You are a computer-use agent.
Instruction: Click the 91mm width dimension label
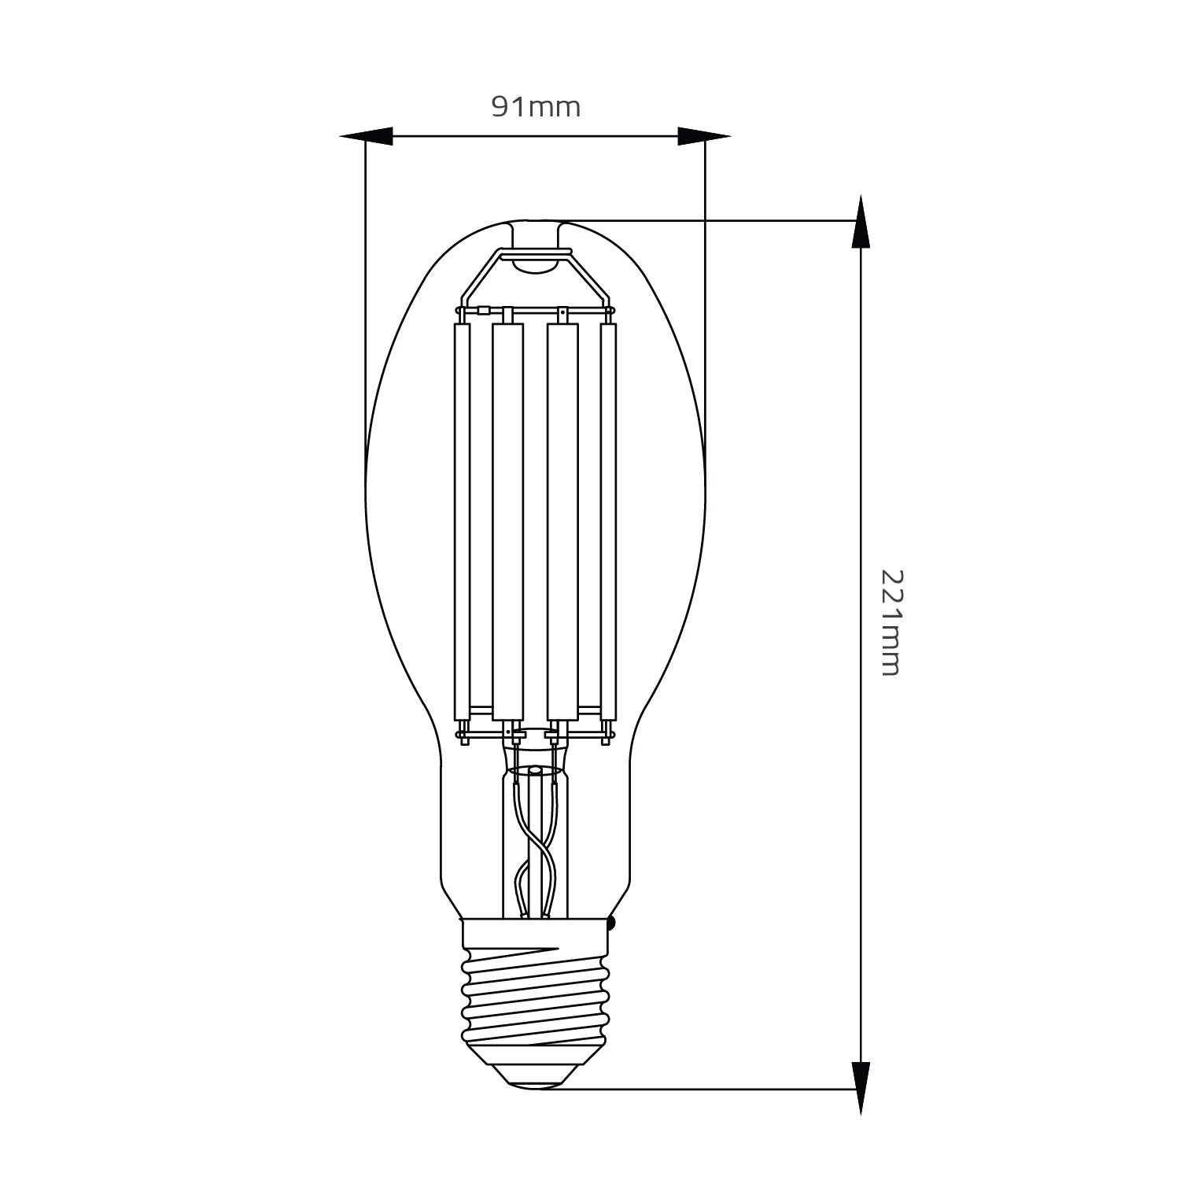536,107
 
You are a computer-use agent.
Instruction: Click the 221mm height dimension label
889,621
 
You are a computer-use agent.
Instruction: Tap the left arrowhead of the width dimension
367,136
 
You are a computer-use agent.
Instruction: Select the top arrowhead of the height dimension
862,223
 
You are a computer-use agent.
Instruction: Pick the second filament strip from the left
507,519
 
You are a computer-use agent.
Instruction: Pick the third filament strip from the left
562,519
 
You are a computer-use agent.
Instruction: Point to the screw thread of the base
535,999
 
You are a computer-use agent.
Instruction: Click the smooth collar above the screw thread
535,932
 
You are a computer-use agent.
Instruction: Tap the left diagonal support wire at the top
480,275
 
